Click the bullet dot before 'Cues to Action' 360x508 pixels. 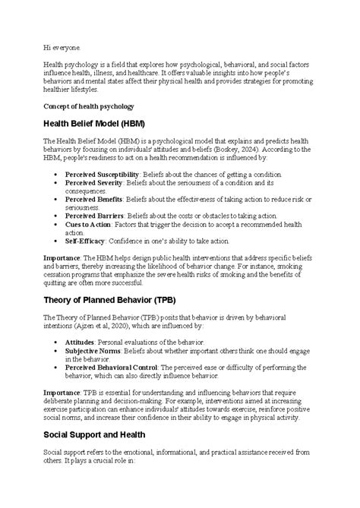pos(57,224)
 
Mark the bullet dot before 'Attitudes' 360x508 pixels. pos(57,343)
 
